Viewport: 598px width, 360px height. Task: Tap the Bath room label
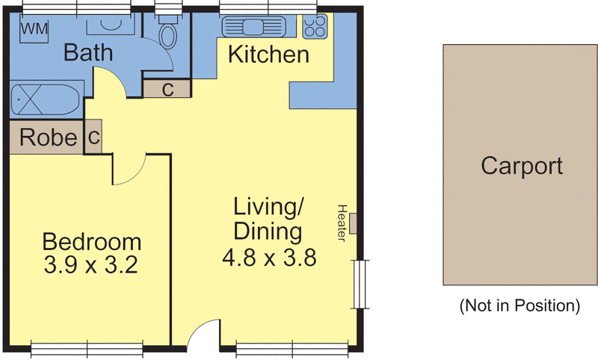(x=87, y=53)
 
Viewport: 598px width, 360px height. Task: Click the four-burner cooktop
(x=315, y=28)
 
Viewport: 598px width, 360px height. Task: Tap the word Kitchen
(x=268, y=55)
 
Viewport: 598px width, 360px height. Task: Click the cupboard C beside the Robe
(x=93, y=138)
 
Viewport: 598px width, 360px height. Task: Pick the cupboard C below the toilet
(x=167, y=90)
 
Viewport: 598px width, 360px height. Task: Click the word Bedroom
(x=91, y=242)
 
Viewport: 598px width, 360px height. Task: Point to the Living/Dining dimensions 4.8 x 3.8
(x=269, y=258)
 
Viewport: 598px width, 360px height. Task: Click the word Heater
(x=343, y=223)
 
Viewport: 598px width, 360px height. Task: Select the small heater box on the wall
(x=354, y=223)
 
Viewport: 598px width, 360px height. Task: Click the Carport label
(x=521, y=165)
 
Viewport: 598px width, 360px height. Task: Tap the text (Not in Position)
(x=520, y=305)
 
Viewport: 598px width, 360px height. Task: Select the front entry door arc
(x=202, y=335)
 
